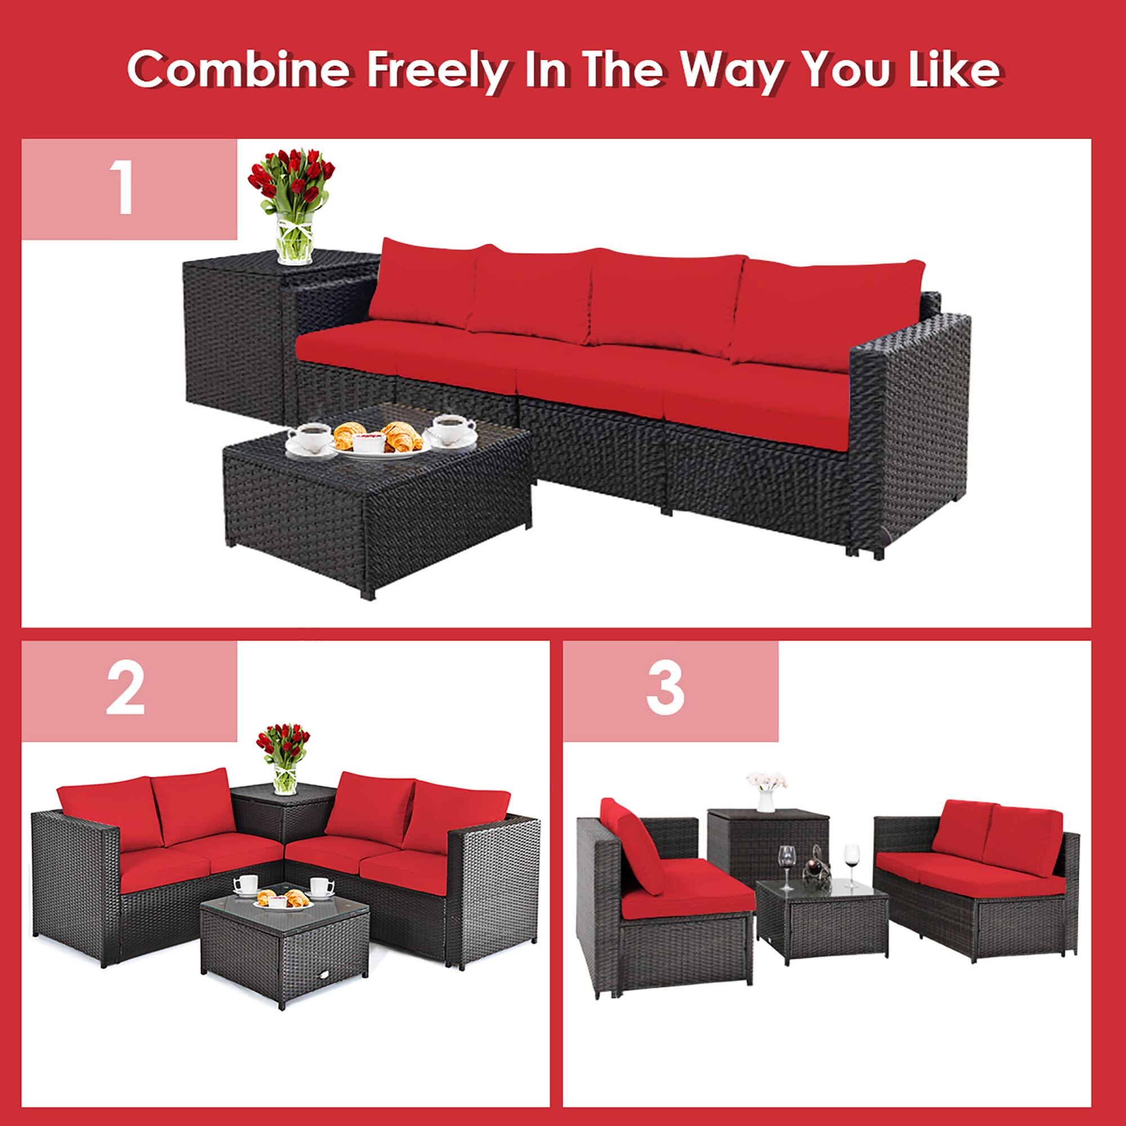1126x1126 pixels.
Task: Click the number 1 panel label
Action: [x=123, y=189]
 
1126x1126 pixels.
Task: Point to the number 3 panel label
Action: [x=665, y=691]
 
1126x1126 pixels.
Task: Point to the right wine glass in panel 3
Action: [x=851, y=863]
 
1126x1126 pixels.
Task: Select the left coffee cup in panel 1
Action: [x=309, y=437]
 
